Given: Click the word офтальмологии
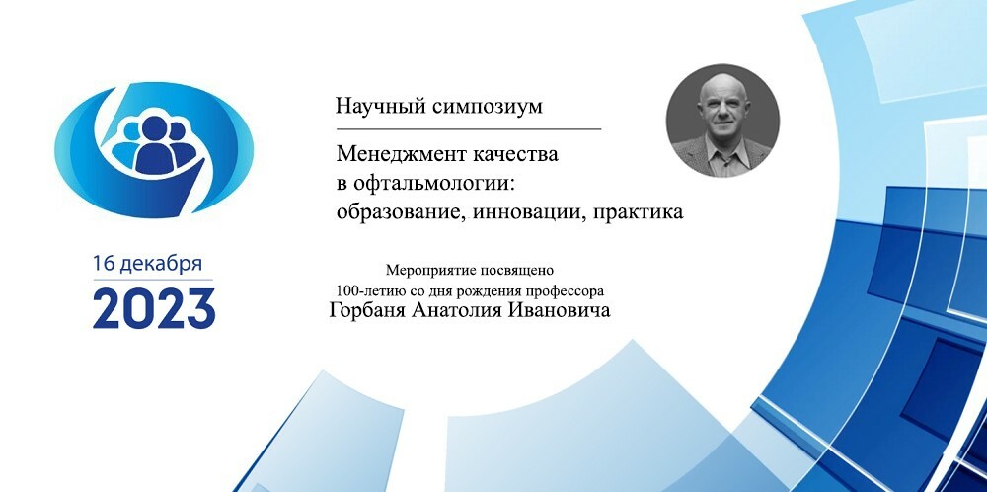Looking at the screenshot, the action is coord(438,184).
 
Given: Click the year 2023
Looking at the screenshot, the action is coord(154,308).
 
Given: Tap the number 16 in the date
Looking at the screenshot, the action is coord(105,264).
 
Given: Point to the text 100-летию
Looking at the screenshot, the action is coord(360,291).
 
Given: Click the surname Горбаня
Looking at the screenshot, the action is coord(367,311).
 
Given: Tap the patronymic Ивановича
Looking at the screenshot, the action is coord(555,311).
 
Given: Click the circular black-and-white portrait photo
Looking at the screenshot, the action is coord(722,121).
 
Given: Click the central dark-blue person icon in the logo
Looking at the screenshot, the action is coord(154,146).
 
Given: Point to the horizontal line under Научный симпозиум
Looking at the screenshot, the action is coord(469,129).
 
